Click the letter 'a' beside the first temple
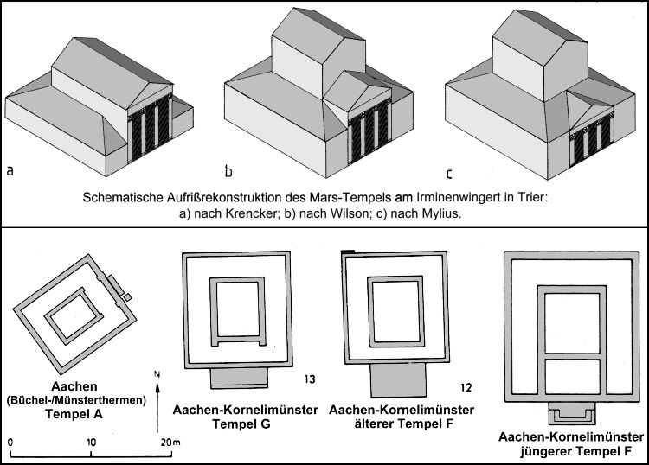(x=10, y=170)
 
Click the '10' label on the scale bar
(x=91, y=443)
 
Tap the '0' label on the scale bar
(x=10, y=443)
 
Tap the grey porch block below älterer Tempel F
(x=398, y=379)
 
